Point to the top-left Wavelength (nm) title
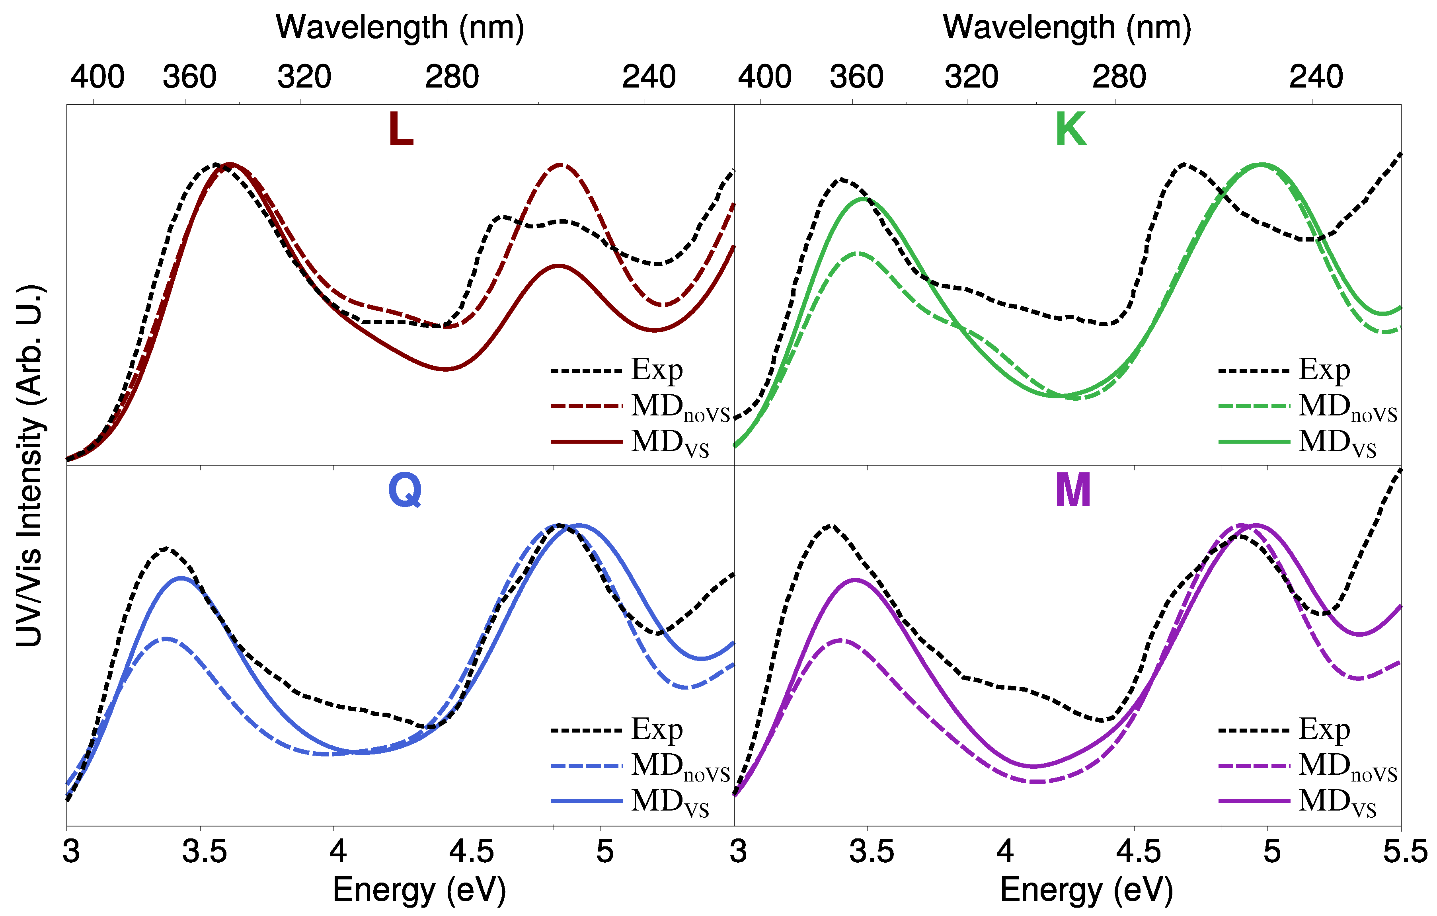tap(400, 27)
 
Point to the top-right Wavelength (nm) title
tap(1067, 27)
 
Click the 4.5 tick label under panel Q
tap(472, 852)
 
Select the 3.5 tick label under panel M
tap(871, 852)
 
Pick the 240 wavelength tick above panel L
tap(649, 77)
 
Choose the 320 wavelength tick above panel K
tap(971, 77)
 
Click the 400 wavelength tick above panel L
tap(97, 77)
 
